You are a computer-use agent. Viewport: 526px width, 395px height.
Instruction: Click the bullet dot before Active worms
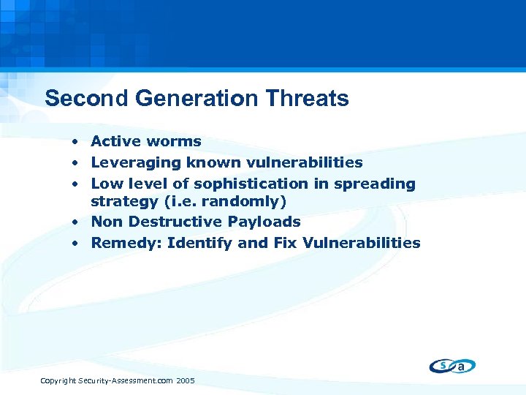point(75,141)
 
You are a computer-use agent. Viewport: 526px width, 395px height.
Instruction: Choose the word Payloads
point(265,222)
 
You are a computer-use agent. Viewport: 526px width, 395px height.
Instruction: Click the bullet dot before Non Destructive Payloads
point(75,222)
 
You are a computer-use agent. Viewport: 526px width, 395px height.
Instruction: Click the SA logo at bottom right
point(452,366)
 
